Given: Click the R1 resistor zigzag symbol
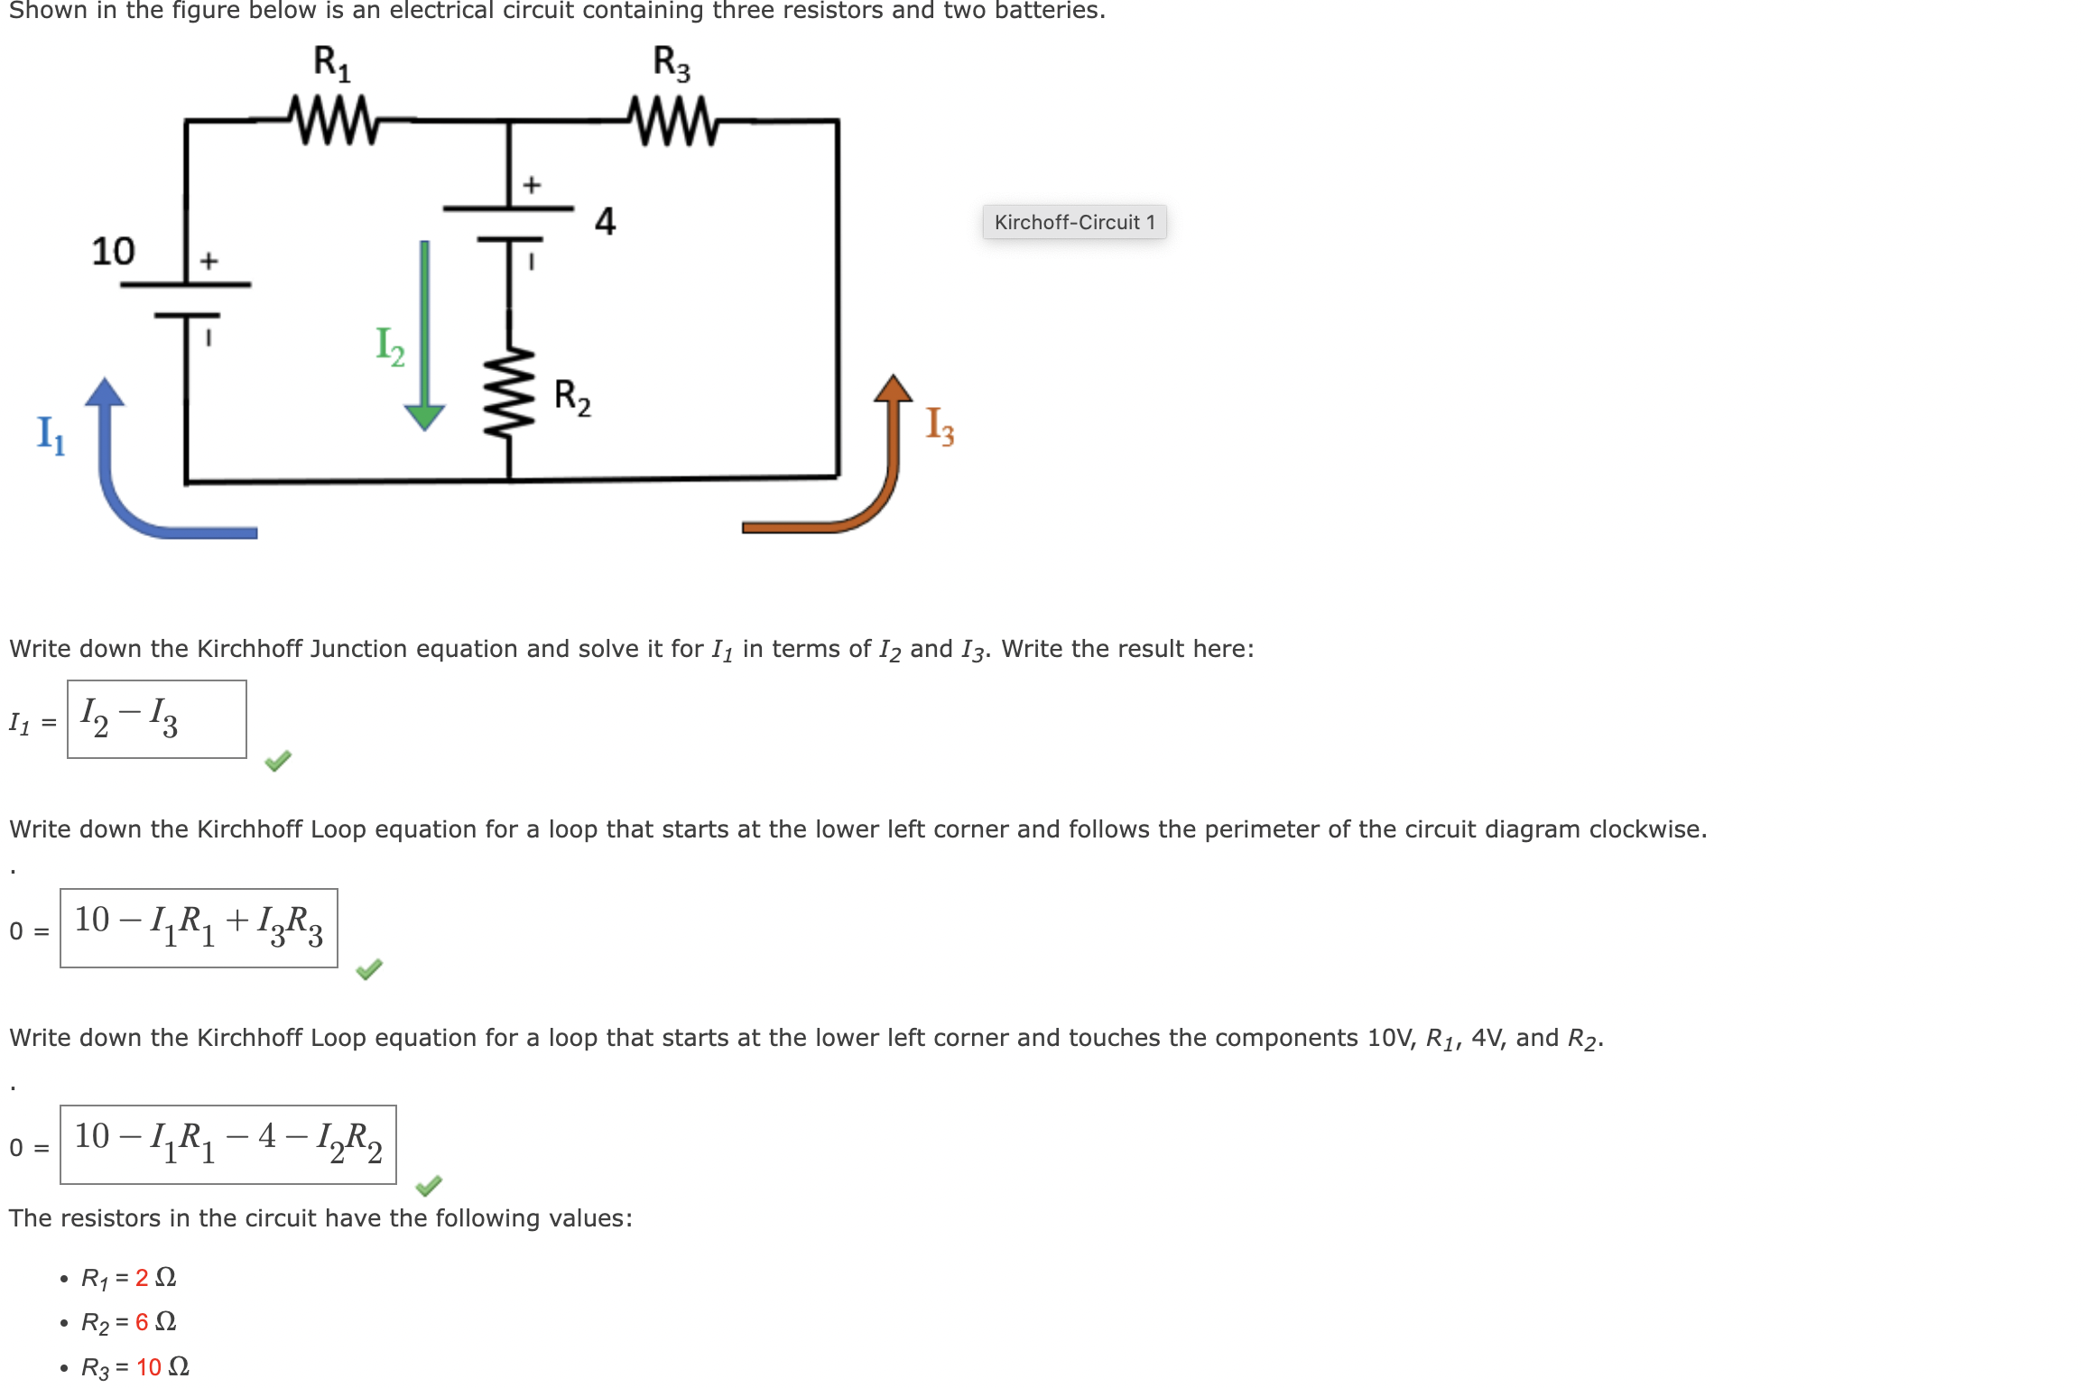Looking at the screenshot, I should click(333, 119).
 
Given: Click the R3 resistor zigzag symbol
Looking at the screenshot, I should click(672, 120).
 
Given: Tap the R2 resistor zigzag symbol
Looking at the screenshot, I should click(509, 393).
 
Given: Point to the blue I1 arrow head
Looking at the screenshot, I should click(106, 392).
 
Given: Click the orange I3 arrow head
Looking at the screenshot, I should click(893, 388).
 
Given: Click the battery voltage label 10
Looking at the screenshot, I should click(113, 251).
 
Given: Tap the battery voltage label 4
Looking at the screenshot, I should click(605, 221).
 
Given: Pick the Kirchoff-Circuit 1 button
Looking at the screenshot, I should click(1074, 222).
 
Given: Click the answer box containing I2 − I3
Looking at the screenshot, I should click(157, 719).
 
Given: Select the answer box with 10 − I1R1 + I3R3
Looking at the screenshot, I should click(199, 928).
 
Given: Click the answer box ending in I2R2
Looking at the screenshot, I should click(228, 1144).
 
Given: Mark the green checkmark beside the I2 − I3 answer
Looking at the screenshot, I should click(278, 761).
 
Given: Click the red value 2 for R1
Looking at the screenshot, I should click(142, 1277).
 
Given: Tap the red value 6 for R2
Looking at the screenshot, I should click(142, 1322).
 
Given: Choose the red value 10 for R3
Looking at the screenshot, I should click(149, 1367).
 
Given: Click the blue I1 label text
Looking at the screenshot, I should click(51, 435).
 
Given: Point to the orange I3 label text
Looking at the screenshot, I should click(940, 425).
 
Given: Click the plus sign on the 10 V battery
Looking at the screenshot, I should click(208, 261).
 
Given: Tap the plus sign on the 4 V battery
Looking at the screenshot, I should click(532, 185).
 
